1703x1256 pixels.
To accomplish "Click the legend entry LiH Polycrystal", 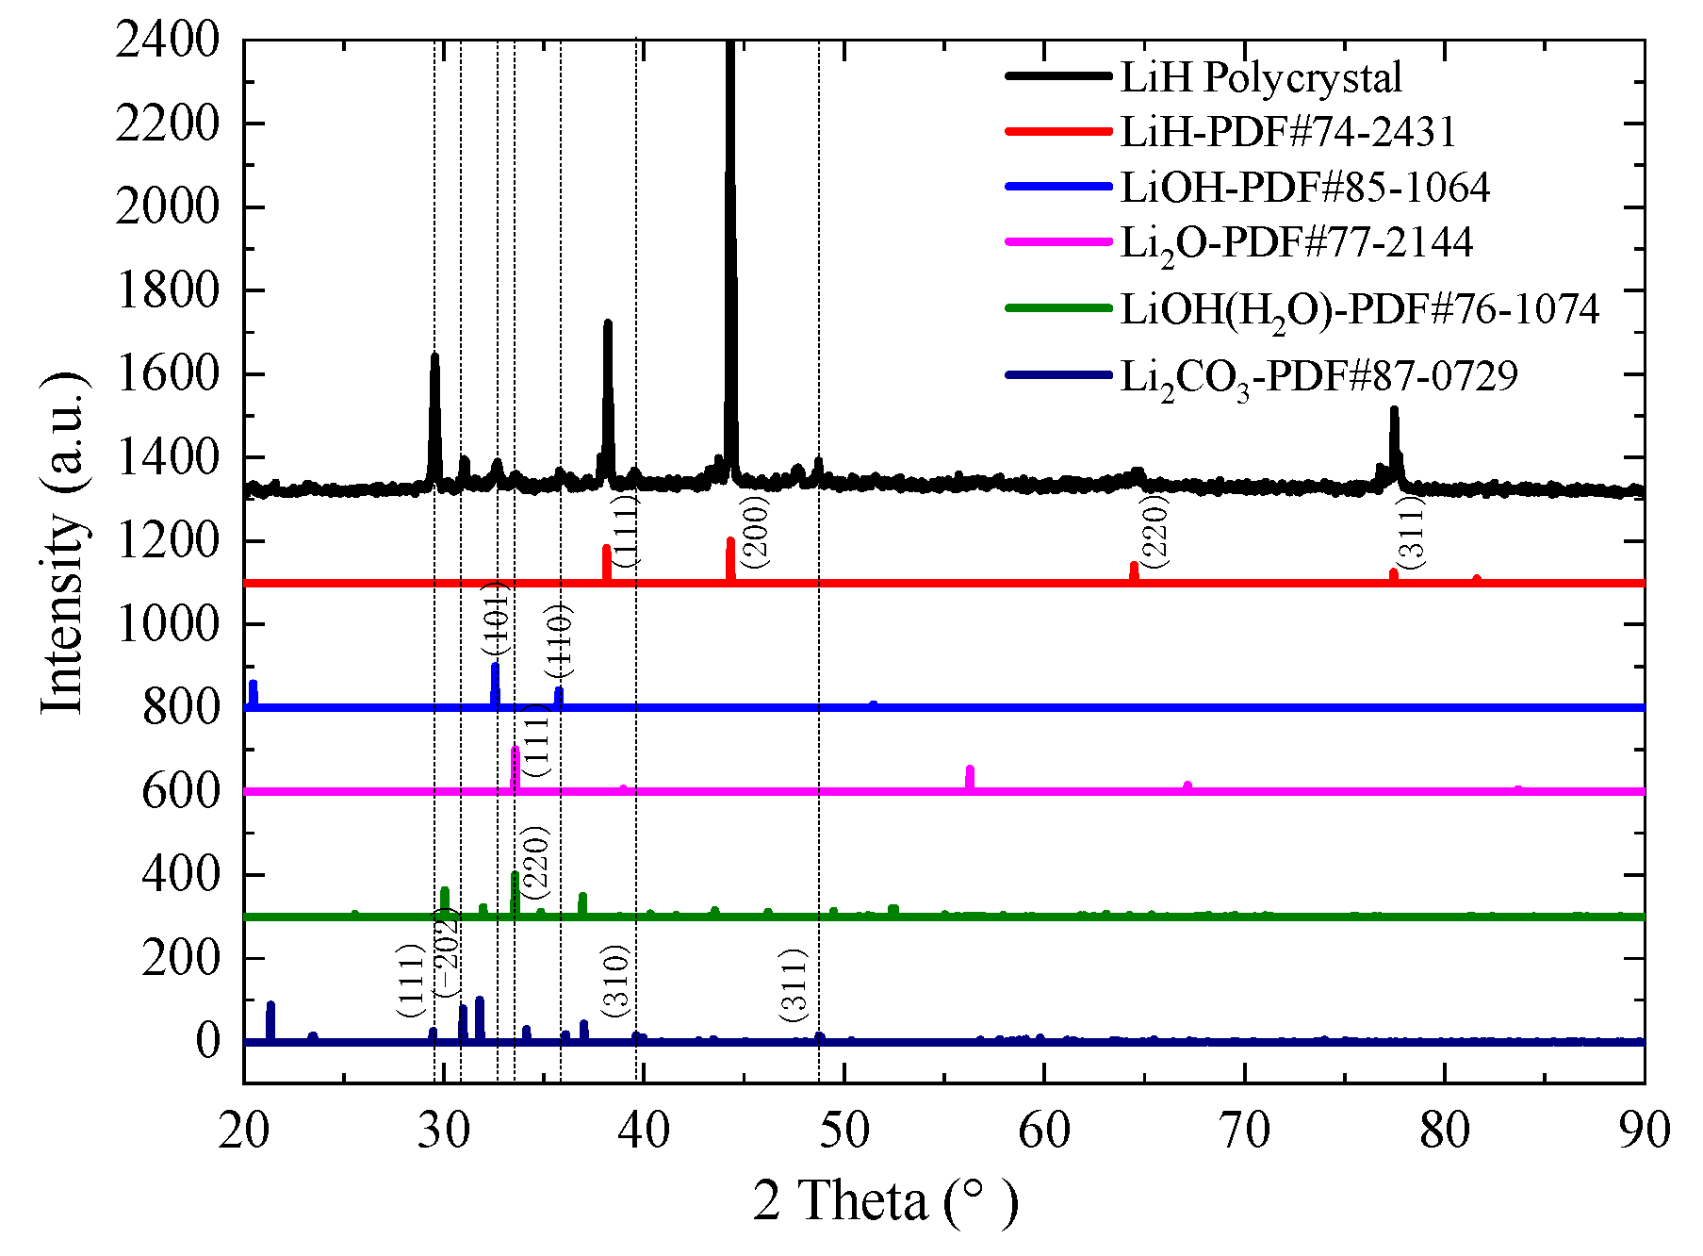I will (x=1260, y=77).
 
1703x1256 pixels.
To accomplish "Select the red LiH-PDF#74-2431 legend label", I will (x=1287, y=131).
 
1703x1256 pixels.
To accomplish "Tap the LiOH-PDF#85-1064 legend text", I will (x=1304, y=187).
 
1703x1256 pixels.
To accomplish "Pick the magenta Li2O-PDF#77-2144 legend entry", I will (x=1296, y=243).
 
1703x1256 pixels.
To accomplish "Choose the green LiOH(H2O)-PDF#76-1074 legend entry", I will (x=1359, y=310).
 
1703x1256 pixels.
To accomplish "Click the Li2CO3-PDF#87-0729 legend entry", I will (x=1318, y=377).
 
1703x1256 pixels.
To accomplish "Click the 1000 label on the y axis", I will (x=167, y=624).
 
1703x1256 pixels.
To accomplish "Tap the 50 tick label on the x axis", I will (x=843, y=1131).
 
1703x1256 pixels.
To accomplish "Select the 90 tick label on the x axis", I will (x=1644, y=1131).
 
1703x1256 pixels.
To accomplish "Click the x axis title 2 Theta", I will (x=885, y=1201).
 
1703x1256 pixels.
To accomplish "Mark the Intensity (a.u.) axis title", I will (x=64, y=544).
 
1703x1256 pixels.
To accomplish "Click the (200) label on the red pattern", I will (x=755, y=531).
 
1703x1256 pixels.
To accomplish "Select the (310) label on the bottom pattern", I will (x=614, y=981).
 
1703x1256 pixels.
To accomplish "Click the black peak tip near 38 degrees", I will (x=608, y=323).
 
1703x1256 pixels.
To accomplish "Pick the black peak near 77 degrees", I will (x=1394, y=410).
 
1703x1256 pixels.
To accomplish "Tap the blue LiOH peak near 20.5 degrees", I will (x=253, y=684).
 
